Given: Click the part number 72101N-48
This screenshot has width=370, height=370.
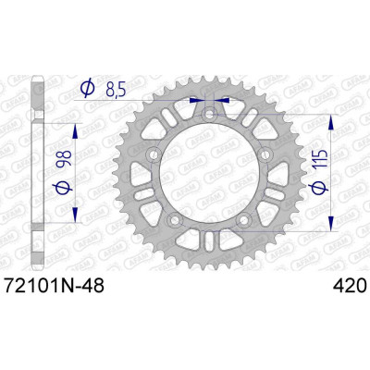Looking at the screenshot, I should coord(53,289).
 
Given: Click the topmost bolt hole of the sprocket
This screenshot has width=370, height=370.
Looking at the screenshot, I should coord(209,113).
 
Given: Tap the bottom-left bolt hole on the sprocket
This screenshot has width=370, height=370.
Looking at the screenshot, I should coord(175,219).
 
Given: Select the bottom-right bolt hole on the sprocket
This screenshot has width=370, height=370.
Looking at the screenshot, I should coord(243,219).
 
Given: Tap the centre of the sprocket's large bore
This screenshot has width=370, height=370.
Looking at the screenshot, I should coord(209,172).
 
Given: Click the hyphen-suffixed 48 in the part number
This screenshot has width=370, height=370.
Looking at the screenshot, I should coord(93,289).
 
